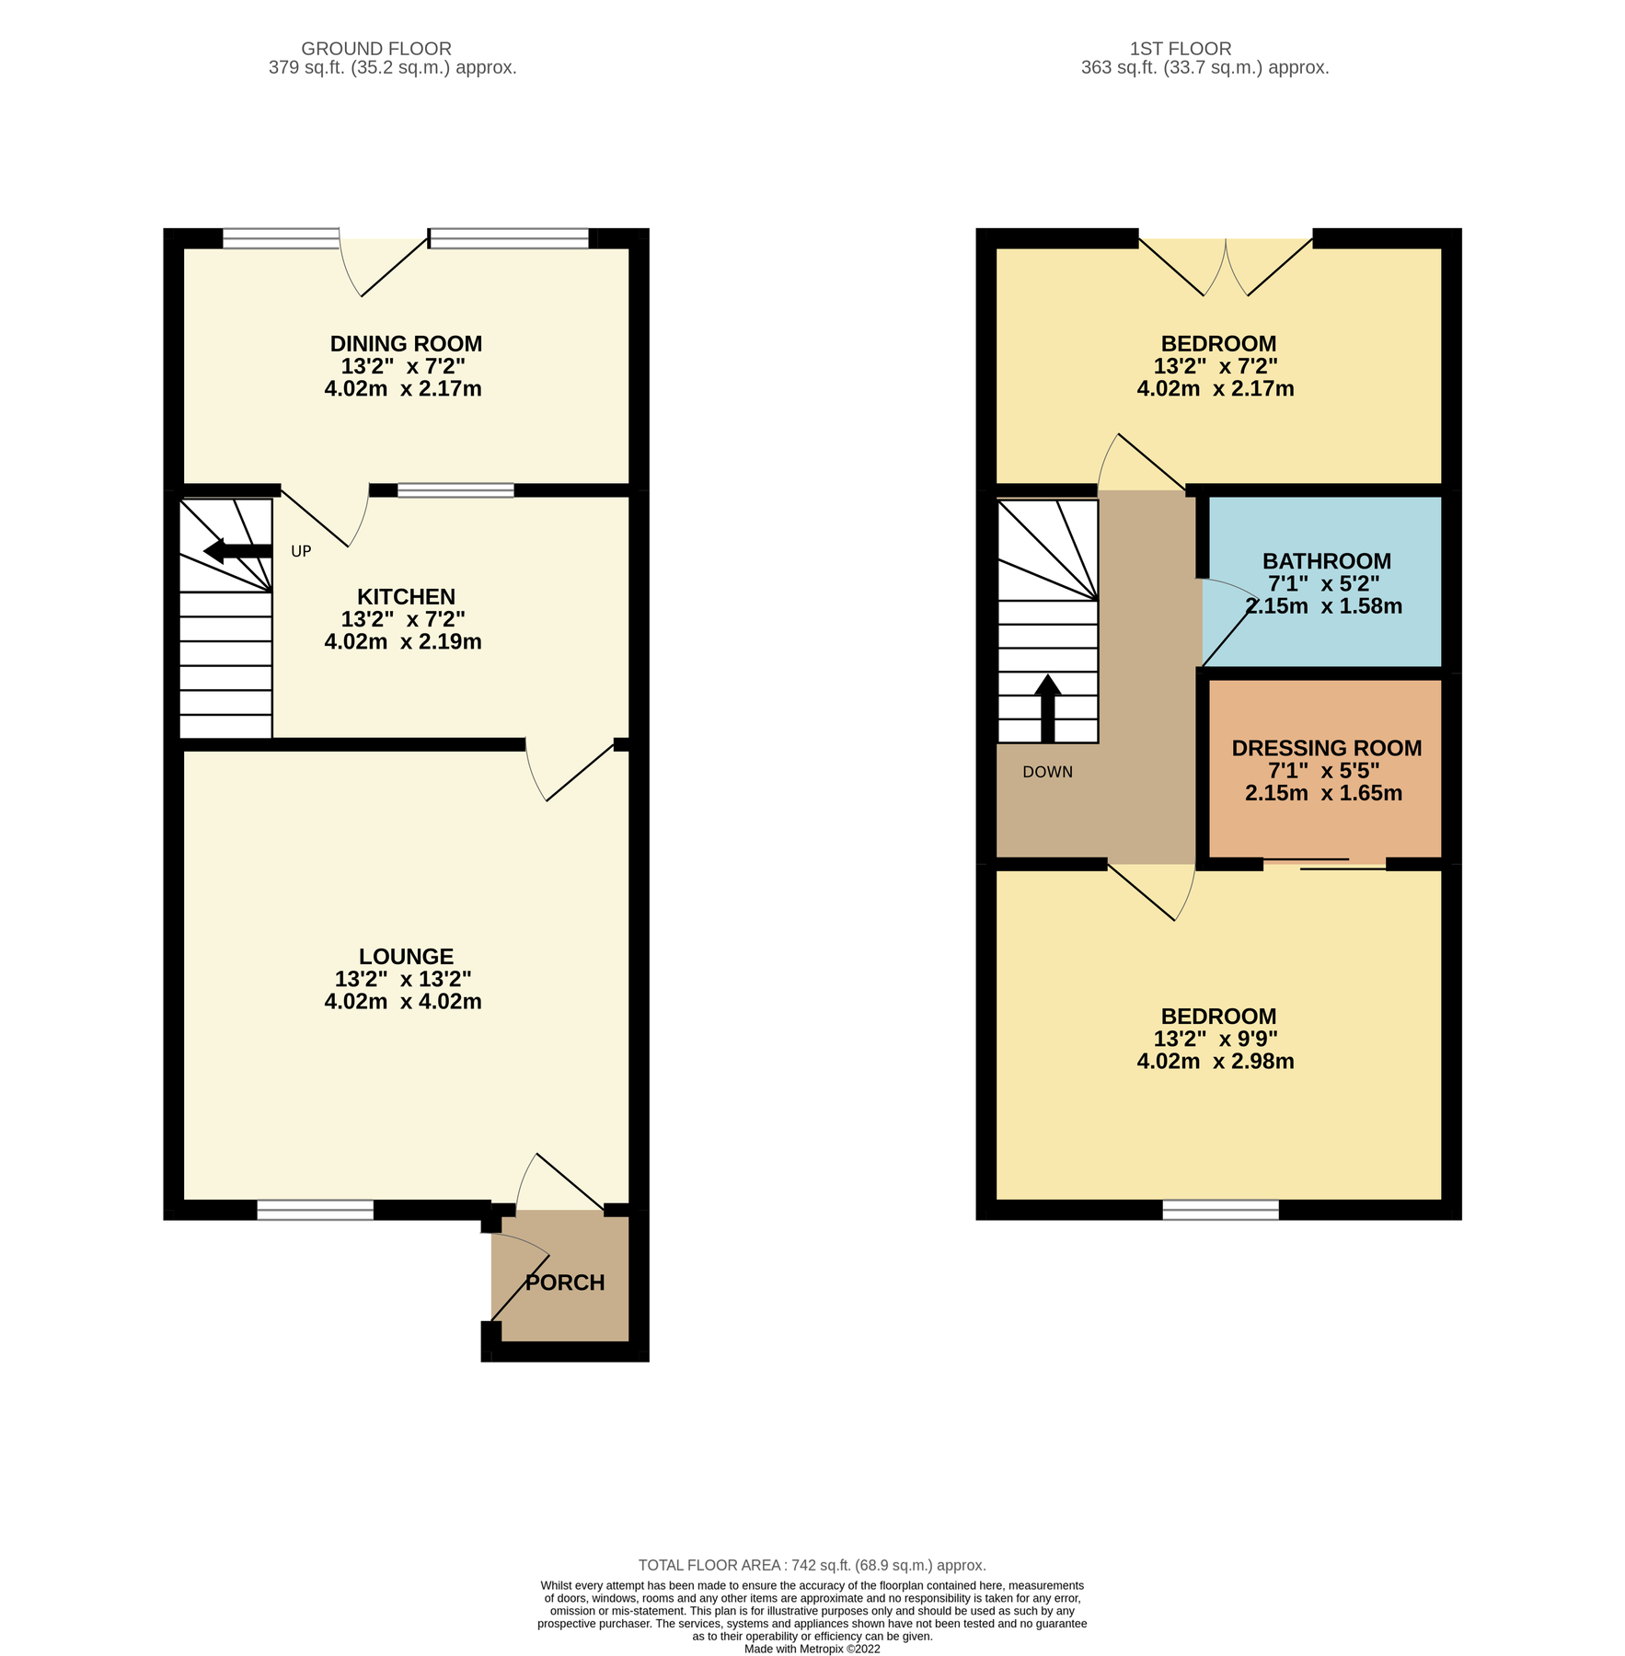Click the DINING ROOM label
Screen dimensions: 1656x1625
[x=406, y=344]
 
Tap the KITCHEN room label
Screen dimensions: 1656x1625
[x=406, y=597]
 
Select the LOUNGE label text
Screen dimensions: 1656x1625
[x=406, y=957]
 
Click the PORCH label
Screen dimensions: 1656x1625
[x=565, y=1282]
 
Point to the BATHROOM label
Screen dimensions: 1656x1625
[x=1326, y=561]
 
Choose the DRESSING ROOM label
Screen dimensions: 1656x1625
[x=1326, y=748]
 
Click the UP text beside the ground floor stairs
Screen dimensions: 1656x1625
[x=301, y=551]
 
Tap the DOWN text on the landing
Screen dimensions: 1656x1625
[x=1047, y=772]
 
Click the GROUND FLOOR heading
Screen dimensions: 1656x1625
[x=376, y=49]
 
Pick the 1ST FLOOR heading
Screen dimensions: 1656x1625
[x=1180, y=49]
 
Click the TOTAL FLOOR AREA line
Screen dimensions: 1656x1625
[x=812, y=1565]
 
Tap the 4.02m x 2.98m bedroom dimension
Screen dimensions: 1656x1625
[x=1215, y=1062]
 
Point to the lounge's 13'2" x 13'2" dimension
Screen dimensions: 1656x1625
[x=403, y=979]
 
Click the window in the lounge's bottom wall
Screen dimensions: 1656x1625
[x=315, y=1211]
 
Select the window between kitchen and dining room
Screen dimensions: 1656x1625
[x=455, y=490]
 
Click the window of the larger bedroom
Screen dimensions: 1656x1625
[x=1220, y=1211]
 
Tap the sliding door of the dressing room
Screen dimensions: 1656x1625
[x=1325, y=863]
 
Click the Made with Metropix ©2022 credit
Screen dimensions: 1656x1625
[x=812, y=1649]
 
